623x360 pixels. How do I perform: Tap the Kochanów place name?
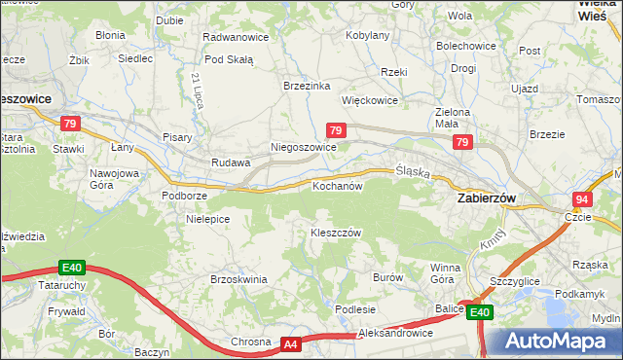(337, 185)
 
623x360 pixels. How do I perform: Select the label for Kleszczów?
(336, 233)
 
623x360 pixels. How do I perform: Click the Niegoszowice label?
(303, 148)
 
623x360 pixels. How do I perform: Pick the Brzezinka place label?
(307, 85)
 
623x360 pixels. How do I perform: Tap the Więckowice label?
(370, 100)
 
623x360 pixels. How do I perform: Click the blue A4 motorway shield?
(291, 343)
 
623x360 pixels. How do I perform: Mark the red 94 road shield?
(581, 198)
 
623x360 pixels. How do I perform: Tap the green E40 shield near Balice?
(479, 312)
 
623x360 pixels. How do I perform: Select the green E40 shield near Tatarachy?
(71, 268)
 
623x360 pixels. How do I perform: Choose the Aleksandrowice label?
(394, 333)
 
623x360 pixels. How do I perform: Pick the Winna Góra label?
(445, 273)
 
